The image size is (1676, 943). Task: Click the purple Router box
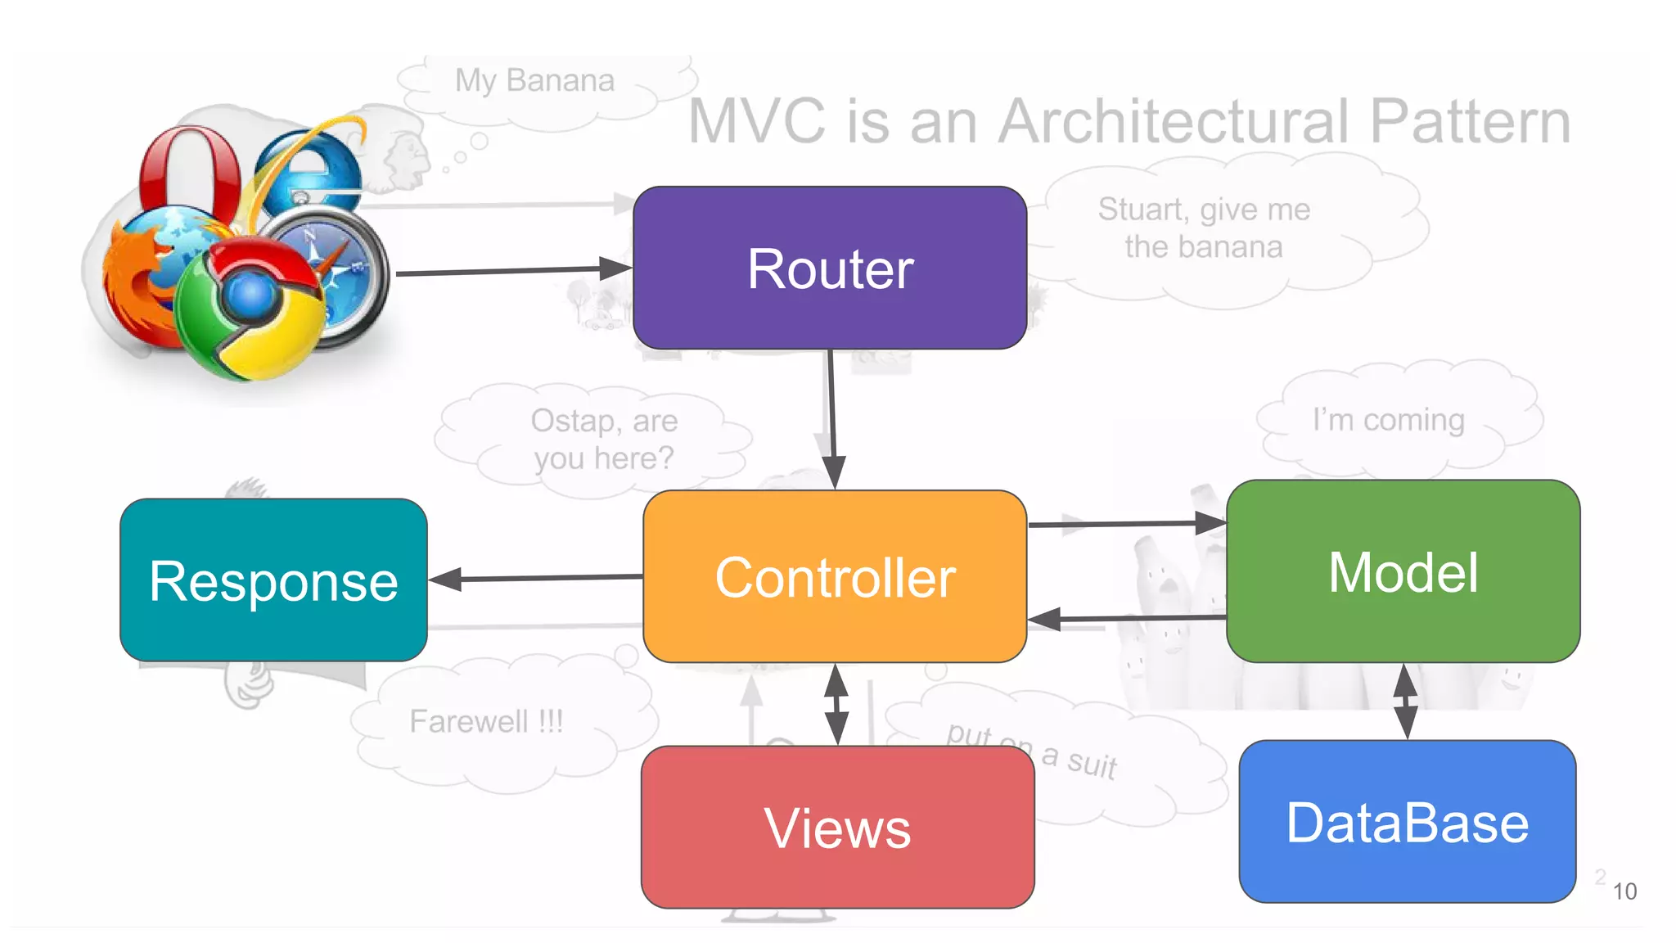tap(830, 268)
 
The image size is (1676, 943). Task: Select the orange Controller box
tap(835, 576)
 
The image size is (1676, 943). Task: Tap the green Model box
tap(1403, 571)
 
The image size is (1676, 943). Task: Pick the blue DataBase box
tap(1407, 821)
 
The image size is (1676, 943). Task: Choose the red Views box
tap(837, 827)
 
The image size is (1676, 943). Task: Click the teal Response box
tap(273, 580)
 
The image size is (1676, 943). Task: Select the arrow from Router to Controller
tap(831, 417)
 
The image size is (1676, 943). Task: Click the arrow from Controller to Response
tap(536, 578)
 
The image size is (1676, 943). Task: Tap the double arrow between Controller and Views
tap(836, 703)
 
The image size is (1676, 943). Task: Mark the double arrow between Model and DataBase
tap(1405, 701)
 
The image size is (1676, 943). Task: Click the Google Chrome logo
tap(250, 307)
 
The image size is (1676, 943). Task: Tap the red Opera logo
tap(190, 172)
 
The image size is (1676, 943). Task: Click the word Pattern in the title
tap(1470, 121)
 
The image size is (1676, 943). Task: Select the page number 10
tap(1624, 891)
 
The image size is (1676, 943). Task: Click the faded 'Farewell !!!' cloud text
tap(486, 721)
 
